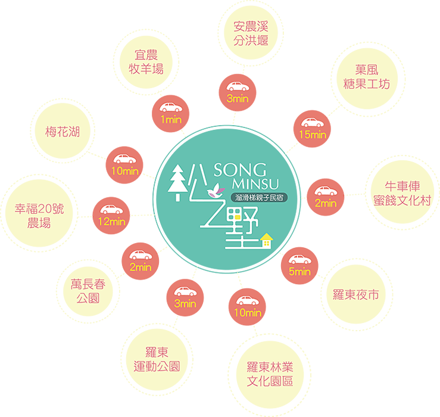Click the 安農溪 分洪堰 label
[251, 33]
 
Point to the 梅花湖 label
[63, 132]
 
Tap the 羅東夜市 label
[355, 295]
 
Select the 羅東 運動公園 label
[157, 359]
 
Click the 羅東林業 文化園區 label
[270, 374]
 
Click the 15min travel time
[313, 135]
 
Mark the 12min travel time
[111, 222]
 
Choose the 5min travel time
[300, 272]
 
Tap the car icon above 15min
[313, 123]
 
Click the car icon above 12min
[111, 210]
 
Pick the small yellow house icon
[267, 239]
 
